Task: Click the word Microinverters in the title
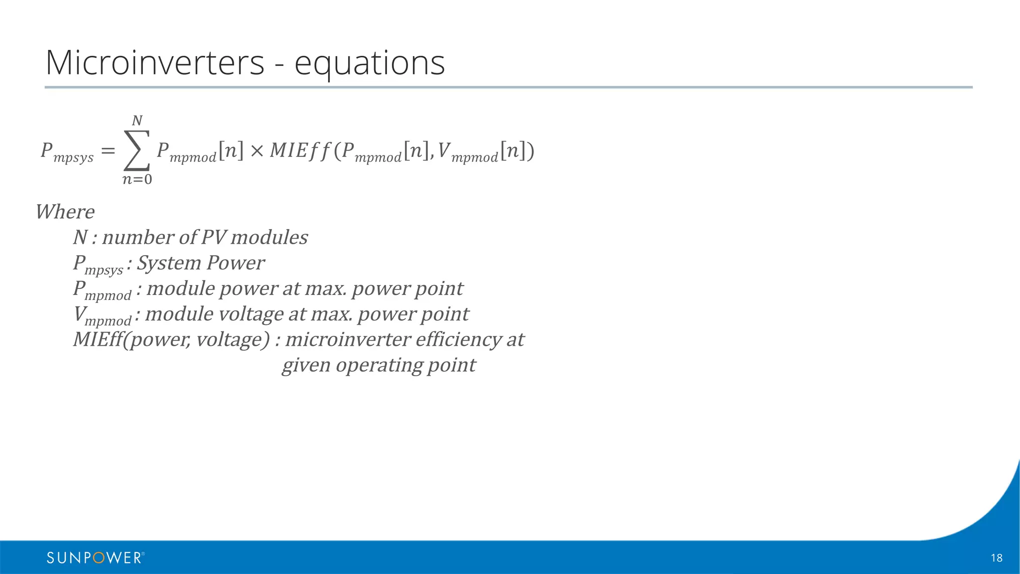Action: coord(154,63)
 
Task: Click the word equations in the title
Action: coord(370,64)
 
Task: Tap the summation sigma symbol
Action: coord(136,150)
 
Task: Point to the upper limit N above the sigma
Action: coord(137,121)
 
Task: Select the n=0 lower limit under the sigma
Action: coord(137,179)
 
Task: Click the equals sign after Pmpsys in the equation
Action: coord(108,150)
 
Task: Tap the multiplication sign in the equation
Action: coord(256,150)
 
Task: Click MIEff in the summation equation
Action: coord(299,150)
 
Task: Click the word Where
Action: coord(65,212)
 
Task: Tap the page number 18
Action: coord(996,558)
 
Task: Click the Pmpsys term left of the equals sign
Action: coord(67,151)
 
